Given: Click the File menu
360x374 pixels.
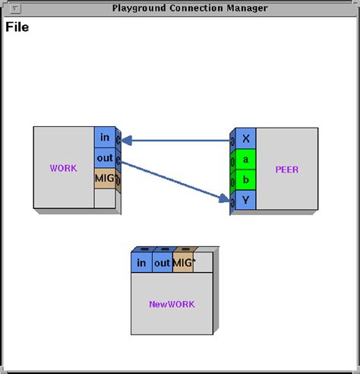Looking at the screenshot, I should coord(17,28).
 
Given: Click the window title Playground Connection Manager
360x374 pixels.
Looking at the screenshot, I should coord(189,8).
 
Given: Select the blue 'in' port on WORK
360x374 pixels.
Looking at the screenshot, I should coord(104,137).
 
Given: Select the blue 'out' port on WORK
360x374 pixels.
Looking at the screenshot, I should coord(104,157).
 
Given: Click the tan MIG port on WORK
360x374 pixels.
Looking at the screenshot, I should coord(104,178).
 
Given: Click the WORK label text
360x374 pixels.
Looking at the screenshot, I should coord(63,168).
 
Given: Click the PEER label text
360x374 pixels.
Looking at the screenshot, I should coord(287,170).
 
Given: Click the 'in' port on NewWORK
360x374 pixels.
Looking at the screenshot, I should coord(141,263).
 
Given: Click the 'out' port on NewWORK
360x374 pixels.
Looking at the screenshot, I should coord(163,263).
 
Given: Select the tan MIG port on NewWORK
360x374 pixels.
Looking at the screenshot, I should coord(183,263).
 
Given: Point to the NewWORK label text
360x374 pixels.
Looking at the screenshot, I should coord(172,304).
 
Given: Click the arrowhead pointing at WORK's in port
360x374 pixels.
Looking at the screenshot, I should coord(127,140).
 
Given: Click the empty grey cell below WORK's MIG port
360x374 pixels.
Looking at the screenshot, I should coord(104,198).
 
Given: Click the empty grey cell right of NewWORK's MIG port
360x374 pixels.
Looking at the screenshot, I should coord(204,263).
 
